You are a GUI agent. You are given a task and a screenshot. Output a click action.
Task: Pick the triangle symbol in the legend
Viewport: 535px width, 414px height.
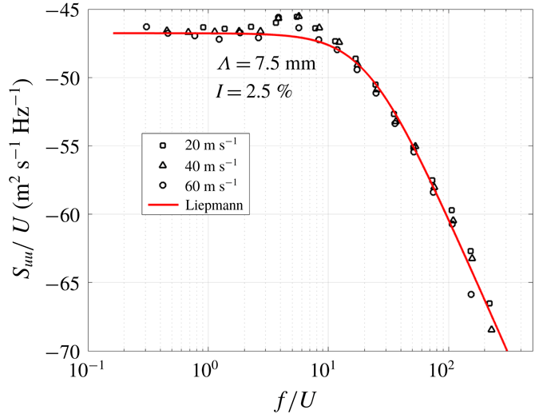[161, 165]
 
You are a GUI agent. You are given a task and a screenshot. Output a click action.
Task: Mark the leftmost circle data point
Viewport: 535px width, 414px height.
[146, 27]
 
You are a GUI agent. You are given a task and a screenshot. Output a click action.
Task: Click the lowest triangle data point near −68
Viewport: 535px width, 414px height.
[492, 329]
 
